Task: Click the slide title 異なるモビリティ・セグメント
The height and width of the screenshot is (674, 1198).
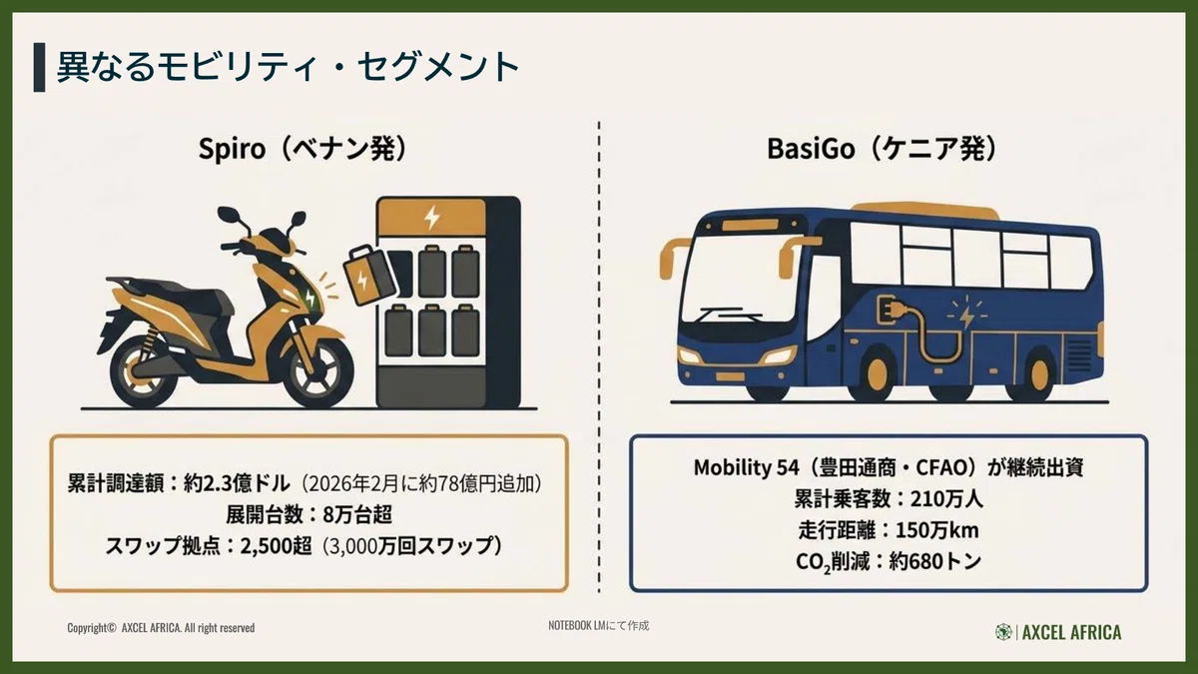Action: (288, 68)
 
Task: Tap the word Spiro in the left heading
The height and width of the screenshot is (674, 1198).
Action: (232, 149)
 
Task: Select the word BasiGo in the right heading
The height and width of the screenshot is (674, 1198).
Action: (811, 149)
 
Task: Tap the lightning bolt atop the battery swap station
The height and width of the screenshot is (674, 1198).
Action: (431, 218)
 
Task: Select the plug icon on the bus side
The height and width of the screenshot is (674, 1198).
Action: (890, 312)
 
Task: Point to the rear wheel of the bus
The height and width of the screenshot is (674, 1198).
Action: (1037, 373)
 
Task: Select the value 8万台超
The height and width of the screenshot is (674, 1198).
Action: (357, 514)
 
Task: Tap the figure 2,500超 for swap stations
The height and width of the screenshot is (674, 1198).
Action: (276, 546)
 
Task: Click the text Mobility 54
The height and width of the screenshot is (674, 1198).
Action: (746, 467)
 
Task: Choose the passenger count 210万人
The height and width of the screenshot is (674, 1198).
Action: (946, 498)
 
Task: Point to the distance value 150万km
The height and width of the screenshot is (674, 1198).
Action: (937, 530)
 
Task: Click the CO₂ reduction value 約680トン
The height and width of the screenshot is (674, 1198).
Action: (934, 561)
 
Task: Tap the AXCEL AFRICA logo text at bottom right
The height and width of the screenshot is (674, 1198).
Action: (1072, 632)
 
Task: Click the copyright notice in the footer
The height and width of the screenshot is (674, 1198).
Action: (161, 627)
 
